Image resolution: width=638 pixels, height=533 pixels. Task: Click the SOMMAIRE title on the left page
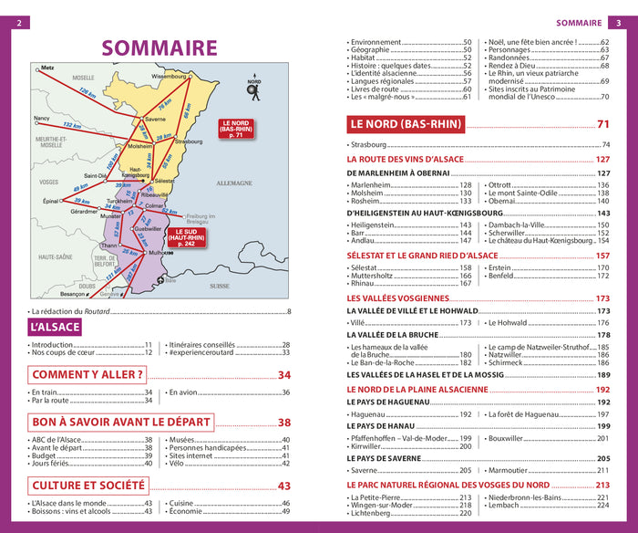tap(159, 47)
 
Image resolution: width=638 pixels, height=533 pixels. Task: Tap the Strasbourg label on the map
tap(189, 141)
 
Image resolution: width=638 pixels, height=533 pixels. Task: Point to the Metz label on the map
tap(48, 68)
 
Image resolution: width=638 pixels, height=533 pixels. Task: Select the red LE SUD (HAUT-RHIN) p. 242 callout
tap(186, 237)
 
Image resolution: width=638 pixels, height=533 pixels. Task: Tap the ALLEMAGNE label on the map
tap(239, 183)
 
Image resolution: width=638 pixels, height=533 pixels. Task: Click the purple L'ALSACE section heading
tap(56, 327)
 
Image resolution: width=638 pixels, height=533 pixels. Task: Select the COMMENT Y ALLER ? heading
tap(87, 374)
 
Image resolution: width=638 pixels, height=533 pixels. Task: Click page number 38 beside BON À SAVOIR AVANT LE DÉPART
tap(283, 423)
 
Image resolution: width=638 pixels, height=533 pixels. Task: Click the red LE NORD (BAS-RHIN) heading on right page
tap(406, 124)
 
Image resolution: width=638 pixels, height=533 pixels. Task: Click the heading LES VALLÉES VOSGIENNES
tap(398, 298)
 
